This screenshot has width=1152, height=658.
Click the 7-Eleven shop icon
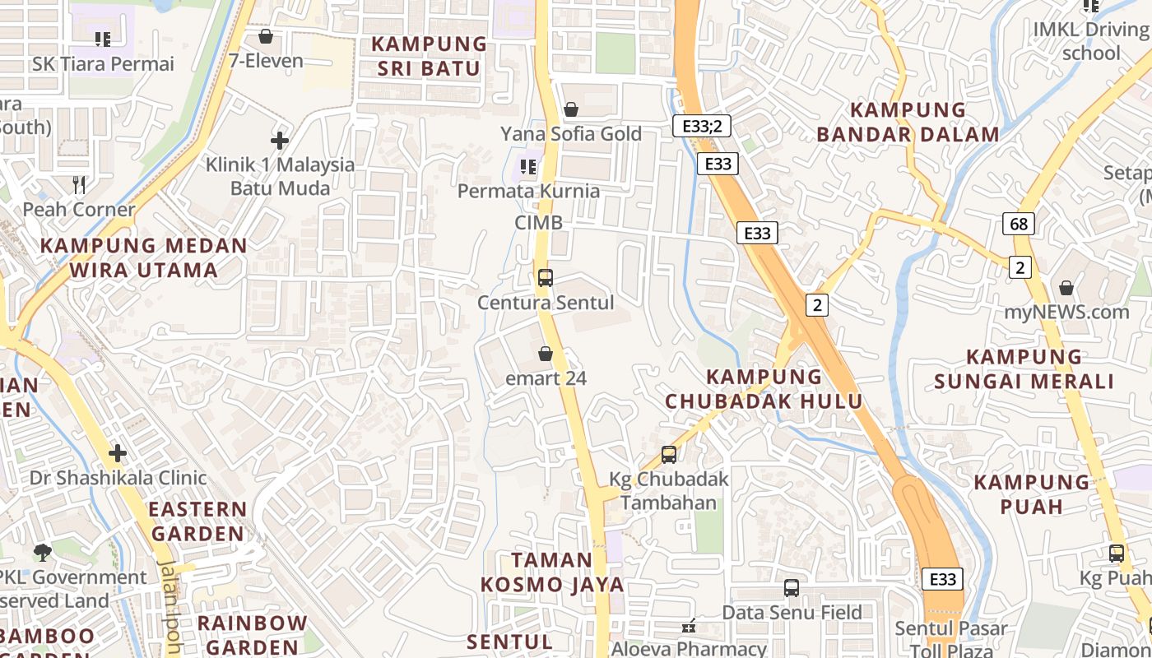coord(265,36)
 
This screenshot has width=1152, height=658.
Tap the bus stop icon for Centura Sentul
coord(545,278)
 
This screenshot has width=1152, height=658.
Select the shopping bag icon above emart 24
coord(545,354)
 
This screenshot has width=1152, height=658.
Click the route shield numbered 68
coord(1019,224)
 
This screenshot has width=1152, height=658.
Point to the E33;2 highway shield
coord(701,126)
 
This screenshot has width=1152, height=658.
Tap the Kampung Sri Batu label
coord(428,56)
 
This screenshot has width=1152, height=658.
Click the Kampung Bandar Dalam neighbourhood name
coord(908,122)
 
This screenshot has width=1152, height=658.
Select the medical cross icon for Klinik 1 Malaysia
coord(280,141)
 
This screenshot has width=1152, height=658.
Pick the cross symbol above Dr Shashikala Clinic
coord(118,453)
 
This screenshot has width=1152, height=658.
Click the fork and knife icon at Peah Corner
coord(79,185)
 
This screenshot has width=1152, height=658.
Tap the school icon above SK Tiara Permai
coord(103,39)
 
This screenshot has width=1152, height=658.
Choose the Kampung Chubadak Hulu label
coord(764,389)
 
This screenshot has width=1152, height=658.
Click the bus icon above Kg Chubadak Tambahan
coord(668,454)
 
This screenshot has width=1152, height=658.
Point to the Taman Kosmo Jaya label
coord(552,572)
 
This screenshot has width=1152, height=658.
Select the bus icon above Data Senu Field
coord(791,588)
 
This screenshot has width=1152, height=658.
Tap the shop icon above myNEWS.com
coord(1066,288)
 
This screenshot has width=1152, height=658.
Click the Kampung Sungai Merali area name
coord(1024,369)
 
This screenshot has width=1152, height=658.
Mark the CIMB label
coord(539,223)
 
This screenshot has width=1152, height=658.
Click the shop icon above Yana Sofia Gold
coord(570,109)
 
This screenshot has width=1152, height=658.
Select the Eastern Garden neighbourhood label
coord(197,521)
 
